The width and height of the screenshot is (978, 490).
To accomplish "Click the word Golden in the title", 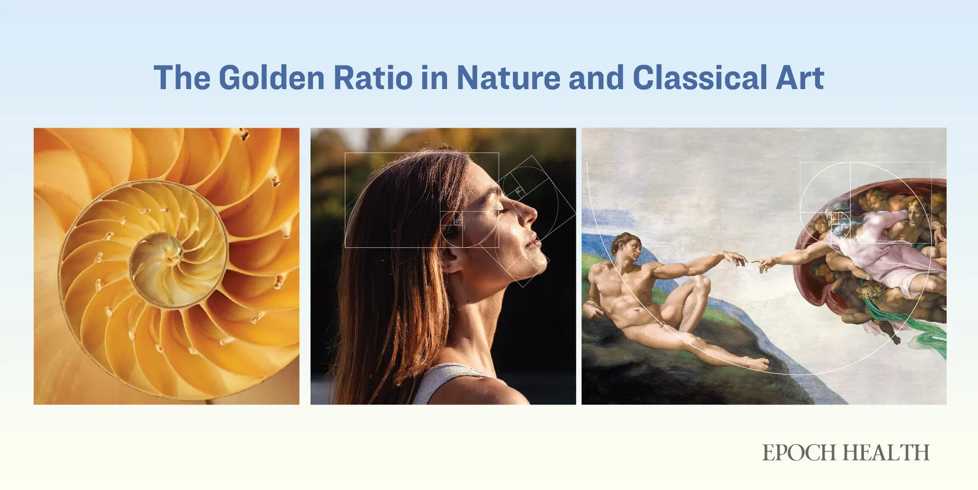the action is click(271, 78).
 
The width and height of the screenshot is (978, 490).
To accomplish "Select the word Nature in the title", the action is click(508, 78).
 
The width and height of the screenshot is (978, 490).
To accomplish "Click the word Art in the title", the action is click(800, 78).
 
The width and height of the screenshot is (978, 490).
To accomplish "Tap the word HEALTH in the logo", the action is click(886, 452).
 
